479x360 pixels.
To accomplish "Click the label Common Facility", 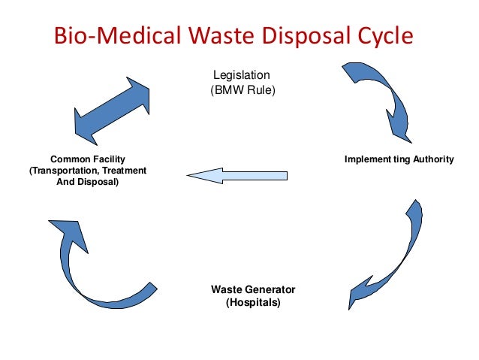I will pos(87,159).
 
